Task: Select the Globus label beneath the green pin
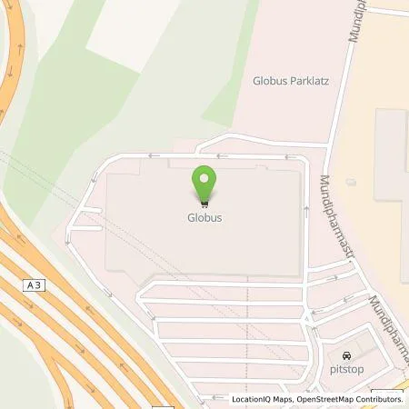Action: click(x=205, y=218)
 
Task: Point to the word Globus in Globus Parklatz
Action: click(x=268, y=81)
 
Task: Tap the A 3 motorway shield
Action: click(x=35, y=284)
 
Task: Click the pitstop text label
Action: click(x=344, y=369)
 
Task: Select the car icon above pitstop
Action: click(x=344, y=355)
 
